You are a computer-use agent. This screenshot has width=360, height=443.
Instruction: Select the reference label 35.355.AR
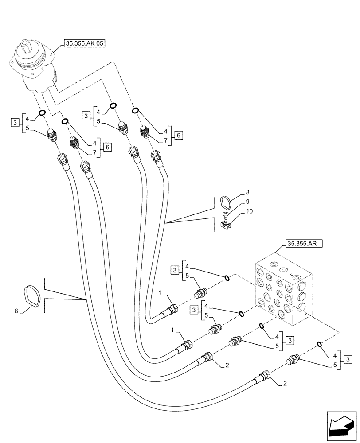[x=305, y=243]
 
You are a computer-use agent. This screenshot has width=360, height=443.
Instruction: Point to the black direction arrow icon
[x=342, y=427]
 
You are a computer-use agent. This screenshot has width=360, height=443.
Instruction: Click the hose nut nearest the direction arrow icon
[x=266, y=376]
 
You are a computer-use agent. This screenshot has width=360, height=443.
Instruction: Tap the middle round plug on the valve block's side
[x=302, y=295]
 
